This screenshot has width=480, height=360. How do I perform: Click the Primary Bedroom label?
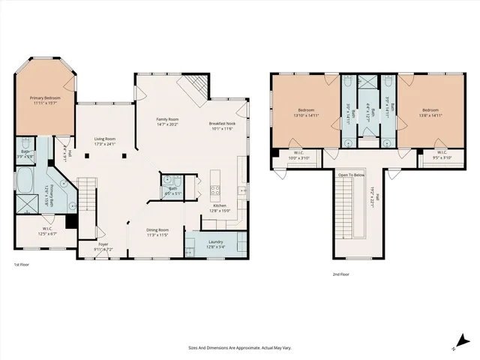[x=44, y=100]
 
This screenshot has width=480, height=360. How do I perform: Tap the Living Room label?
[x=104, y=141]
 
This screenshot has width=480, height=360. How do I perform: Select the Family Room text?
[x=167, y=121]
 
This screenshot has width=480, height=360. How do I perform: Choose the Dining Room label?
[x=157, y=232]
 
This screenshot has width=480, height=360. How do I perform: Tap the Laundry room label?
[x=216, y=244]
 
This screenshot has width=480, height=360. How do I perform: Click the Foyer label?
[x=103, y=246]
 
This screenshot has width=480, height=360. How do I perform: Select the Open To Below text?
[x=351, y=175]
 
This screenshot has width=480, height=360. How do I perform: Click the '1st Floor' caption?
[x=22, y=265]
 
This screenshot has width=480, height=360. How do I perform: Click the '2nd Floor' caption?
[x=342, y=274]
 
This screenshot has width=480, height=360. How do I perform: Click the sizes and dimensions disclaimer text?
[x=239, y=348]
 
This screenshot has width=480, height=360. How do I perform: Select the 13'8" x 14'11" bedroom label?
[x=430, y=113]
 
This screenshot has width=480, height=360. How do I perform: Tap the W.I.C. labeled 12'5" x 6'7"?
[x=46, y=232]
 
